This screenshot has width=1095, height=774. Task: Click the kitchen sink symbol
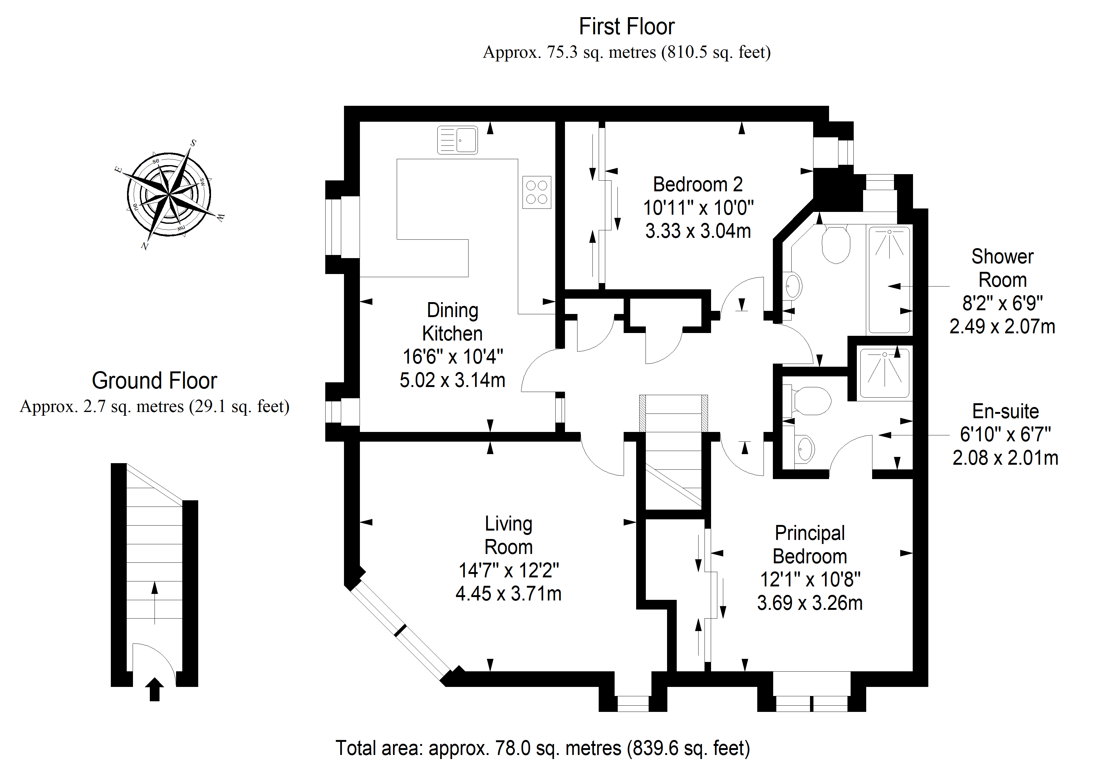coord(457,140)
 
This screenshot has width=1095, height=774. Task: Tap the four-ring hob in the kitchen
coord(537,192)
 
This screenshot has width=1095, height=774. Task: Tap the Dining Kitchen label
coord(453,322)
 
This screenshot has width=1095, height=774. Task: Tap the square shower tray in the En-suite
coord(884,373)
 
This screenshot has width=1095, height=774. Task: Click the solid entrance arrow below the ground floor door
coord(155,690)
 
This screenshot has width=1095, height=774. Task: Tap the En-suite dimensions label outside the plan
coord(1005,434)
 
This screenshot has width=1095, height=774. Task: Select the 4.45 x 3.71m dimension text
coord(508,594)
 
